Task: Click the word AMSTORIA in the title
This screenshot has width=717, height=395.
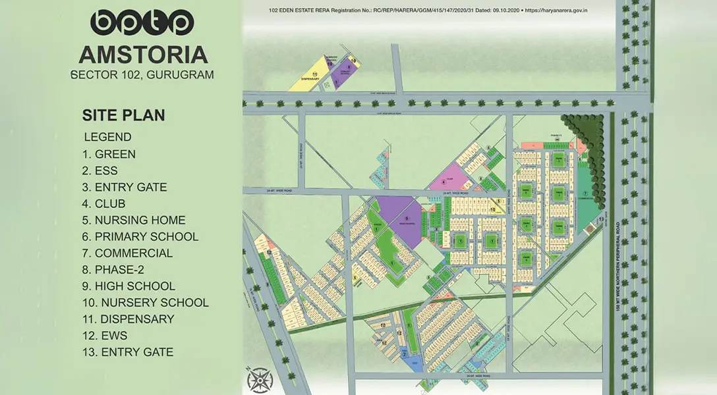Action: [x=142, y=54]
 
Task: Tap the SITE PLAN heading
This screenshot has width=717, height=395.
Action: [x=123, y=115]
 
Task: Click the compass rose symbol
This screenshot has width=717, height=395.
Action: [x=260, y=381]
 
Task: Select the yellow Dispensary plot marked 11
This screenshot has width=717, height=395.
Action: [x=309, y=74]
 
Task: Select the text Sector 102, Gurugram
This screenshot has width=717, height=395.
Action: [x=142, y=74]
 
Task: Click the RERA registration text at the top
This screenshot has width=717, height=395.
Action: [x=428, y=11]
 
